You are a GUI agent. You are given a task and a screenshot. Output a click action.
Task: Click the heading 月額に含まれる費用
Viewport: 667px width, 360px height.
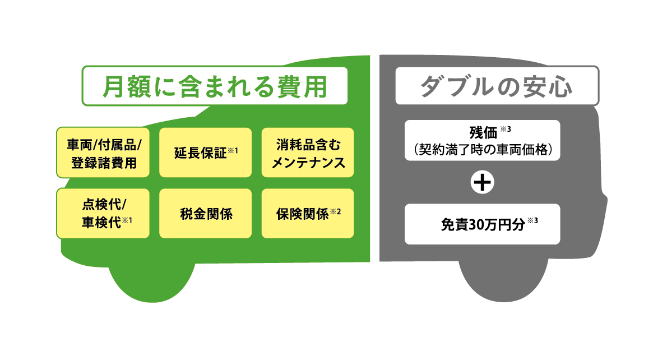point(215,86)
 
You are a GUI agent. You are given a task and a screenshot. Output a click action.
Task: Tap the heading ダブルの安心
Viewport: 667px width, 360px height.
point(497,86)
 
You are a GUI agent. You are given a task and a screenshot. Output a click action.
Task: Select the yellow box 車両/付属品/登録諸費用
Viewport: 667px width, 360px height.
point(103,153)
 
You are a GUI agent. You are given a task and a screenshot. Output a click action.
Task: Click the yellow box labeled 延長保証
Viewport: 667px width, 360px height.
point(206,153)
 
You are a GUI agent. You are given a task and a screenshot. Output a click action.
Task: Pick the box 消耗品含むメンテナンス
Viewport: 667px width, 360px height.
point(308,153)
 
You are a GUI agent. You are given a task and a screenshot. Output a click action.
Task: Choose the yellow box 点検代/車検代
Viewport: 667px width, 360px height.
point(103,213)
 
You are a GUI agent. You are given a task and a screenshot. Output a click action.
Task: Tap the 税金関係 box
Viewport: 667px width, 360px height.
point(206,213)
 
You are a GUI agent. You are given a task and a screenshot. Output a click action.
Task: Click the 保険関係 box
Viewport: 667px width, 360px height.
point(308,213)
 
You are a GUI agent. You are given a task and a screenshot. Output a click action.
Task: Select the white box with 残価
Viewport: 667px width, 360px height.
point(483,140)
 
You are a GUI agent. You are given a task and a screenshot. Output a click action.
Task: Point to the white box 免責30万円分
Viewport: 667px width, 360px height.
point(483,224)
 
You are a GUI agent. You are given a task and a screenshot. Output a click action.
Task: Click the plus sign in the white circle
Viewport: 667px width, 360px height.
point(483,183)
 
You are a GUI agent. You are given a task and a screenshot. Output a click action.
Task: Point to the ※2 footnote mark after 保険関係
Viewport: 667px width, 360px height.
point(335,211)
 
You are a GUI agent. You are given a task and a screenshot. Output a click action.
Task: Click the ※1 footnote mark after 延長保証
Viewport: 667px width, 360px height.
point(233,151)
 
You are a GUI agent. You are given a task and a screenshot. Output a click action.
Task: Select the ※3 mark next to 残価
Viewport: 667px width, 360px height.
point(506,129)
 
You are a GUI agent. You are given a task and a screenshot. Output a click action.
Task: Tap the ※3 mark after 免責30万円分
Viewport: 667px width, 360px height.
point(532,220)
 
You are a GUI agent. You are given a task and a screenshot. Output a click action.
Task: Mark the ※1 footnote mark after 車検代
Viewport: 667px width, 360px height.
point(127,220)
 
